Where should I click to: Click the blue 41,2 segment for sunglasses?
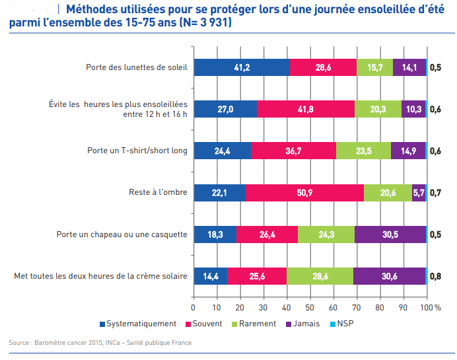(x=242, y=67)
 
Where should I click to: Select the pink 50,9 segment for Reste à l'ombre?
(x=304, y=193)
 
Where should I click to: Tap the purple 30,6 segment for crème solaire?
(x=389, y=276)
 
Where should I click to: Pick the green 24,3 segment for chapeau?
(x=326, y=234)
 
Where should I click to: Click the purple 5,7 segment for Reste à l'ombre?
(x=419, y=193)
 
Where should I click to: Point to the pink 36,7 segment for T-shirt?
(x=293, y=151)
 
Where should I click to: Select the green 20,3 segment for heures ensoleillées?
(x=378, y=109)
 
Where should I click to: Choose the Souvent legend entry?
(x=207, y=324)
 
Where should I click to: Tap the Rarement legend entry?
(x=257, y=324)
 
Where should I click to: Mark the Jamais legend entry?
(x=304, y=324)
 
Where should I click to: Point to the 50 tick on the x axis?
(x=310, y=307)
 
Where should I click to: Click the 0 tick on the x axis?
(x=193, y=307)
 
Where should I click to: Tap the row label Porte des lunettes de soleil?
(x=137, y=67)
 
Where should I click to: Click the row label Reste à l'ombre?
(x=158, y=193)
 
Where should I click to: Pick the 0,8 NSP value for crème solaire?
(x=436, y=276)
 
